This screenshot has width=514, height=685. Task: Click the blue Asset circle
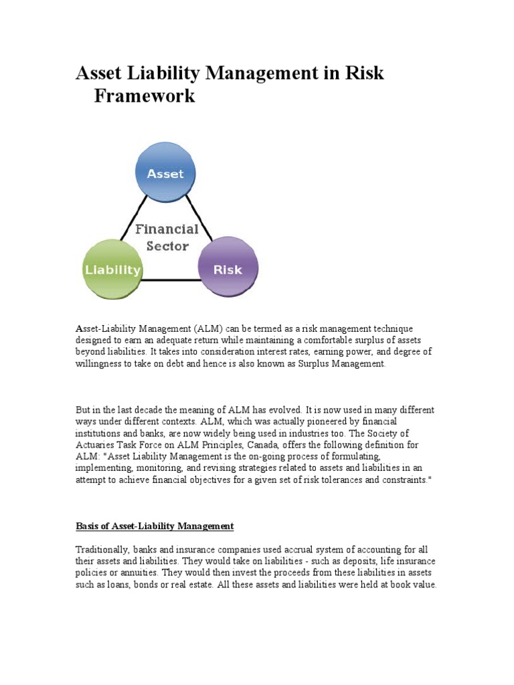click(x=165, y=175)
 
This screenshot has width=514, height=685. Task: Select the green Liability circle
click(x=112, y=270)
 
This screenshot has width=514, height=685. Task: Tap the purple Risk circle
click(x=227, y=270)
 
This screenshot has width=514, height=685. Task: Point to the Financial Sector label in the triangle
click(x=167, y=237)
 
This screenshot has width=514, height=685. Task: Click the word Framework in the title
click(x=145, y=96)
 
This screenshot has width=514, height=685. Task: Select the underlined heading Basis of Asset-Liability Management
click(x=155, y=526)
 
